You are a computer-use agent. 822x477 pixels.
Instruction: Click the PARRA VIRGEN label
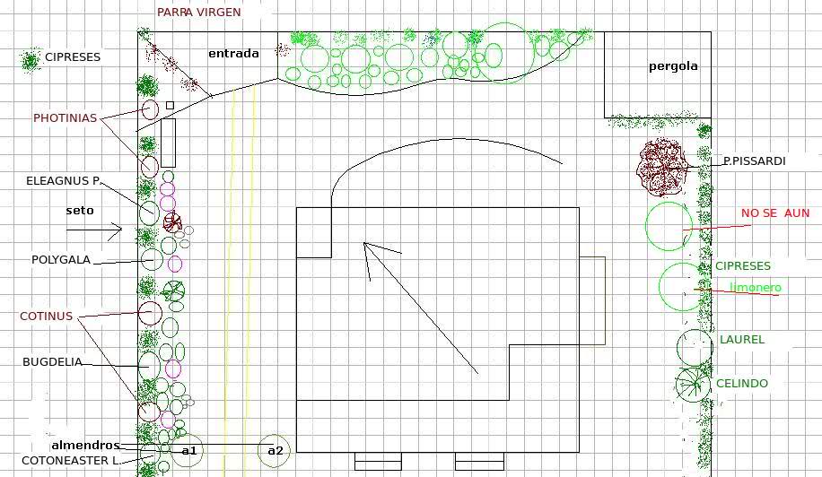(199, 12)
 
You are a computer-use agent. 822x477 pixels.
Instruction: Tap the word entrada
(234, 54)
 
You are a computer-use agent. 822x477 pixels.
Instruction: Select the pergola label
(673, 66)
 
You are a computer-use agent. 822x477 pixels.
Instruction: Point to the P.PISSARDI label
(755, 161)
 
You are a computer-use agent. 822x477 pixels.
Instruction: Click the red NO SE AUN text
(775, 213)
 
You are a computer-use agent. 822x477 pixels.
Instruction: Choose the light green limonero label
(756, 288)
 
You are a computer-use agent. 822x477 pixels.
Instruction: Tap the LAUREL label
(742, 340)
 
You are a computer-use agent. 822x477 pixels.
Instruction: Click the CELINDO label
(742, 383)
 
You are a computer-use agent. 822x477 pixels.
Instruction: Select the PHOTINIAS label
(65, 118)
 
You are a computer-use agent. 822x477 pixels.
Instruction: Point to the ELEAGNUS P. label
(63, 181)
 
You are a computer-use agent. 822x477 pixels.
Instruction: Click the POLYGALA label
(61, 260)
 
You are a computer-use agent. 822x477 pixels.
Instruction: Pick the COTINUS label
(46, 317)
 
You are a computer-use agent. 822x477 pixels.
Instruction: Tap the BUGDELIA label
(52, 362)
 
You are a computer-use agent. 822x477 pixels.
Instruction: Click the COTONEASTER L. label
(71, 461)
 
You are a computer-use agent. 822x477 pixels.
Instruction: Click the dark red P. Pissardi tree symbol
(662, 168)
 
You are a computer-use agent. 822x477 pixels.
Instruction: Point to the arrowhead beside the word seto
(121, 229)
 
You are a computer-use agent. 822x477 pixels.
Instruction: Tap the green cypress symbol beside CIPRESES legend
(31, 60)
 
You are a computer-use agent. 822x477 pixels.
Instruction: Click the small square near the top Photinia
(170, 105)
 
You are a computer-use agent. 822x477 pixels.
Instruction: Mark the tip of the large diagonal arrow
(363, 243)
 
